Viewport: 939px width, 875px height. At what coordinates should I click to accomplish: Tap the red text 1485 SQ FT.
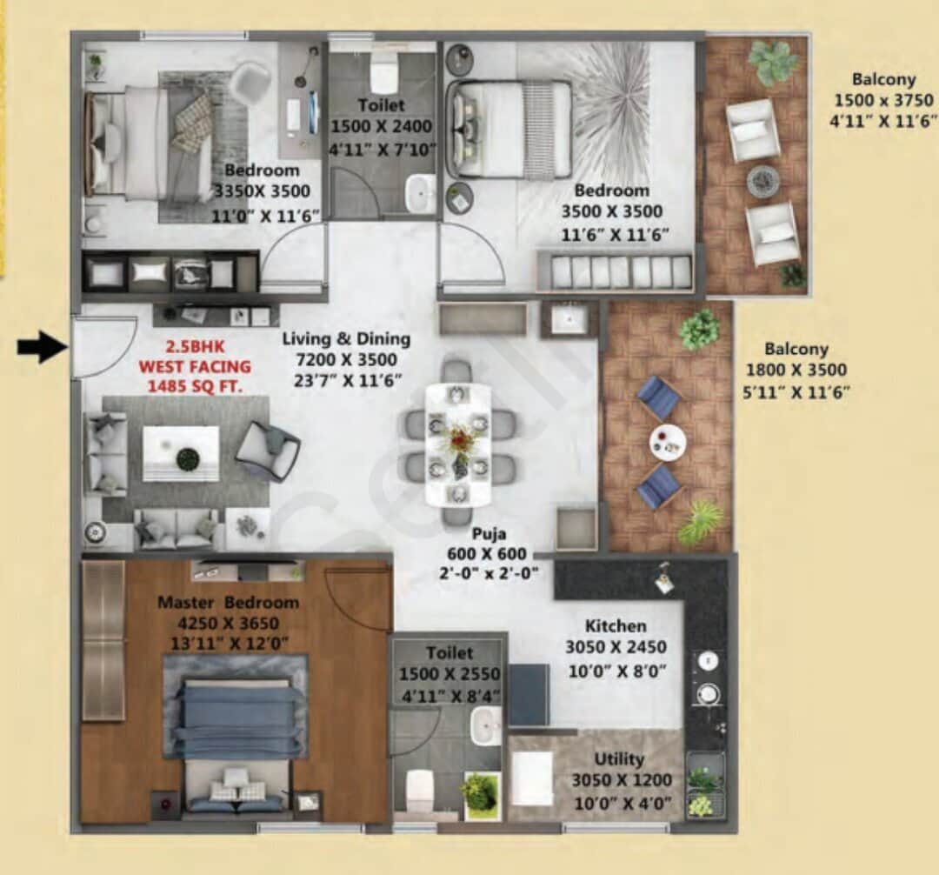(194, 384)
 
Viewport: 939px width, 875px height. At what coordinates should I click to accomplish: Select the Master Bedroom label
(228, 603)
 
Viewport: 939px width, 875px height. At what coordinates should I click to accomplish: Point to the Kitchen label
(616, 626)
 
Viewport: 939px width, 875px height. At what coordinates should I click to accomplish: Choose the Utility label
(620, 759)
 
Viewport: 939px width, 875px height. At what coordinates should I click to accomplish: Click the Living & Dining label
(346, 339)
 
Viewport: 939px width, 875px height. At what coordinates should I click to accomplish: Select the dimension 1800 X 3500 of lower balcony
(796, 371)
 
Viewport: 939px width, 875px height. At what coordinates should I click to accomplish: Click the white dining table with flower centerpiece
(458, 444)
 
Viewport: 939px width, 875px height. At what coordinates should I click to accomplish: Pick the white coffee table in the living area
(181, 453)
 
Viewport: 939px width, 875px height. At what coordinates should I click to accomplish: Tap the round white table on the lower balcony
(667, 443)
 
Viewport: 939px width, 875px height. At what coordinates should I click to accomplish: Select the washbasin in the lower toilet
(485, 725)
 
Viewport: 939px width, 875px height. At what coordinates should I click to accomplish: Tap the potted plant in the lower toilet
(481, 792)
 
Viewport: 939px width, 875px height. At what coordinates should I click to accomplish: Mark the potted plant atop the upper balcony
(772, 62)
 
